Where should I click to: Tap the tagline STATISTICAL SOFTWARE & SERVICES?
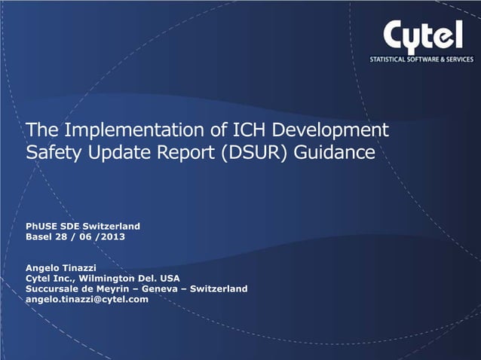coord(421,59)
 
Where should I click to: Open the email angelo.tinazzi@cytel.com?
coord(87,299)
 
